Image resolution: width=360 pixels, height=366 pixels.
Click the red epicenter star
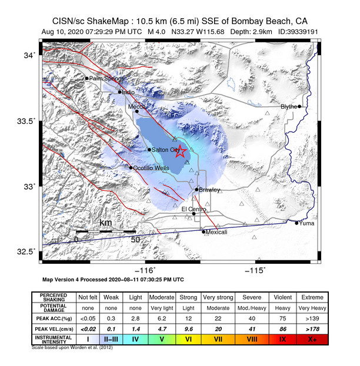(181, 151)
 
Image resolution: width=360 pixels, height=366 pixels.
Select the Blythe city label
(289, 106)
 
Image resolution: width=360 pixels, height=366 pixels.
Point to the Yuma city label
(306, 223)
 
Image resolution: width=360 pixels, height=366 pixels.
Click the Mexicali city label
(216, 232)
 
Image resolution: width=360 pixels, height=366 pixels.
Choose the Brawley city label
(209, 190)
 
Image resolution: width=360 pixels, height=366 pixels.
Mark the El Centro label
(194, 209)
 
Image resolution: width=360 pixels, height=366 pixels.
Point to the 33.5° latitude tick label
(27, 121)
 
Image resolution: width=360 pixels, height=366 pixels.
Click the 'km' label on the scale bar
(105, 223)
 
